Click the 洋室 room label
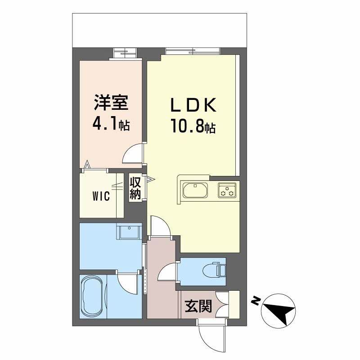[111, 103]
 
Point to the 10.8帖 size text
[193, 126]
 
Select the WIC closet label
[102, 197]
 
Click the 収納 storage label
[135, 188]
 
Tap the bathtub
[93, 297]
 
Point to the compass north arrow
[279, 309]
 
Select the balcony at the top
[160, 30]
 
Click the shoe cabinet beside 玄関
[234, 305]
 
